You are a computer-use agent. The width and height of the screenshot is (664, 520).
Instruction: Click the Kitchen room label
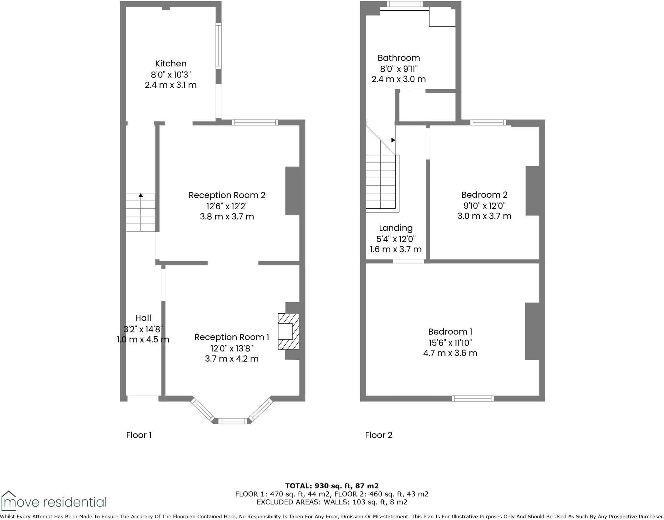(171, 64)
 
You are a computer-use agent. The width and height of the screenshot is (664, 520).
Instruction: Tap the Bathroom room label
(398, 58)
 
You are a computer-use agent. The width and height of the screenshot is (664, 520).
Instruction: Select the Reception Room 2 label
(227, 195)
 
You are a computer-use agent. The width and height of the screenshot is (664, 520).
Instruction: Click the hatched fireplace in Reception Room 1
(289, 331)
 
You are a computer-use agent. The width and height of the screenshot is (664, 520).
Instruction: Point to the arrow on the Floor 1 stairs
(141, 195)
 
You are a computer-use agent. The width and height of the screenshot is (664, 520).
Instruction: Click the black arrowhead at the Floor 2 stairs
(393, 140)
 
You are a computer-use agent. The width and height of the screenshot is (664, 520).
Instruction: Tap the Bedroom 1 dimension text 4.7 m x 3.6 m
(450, 353)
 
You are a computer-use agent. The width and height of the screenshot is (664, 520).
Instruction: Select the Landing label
(396, 228)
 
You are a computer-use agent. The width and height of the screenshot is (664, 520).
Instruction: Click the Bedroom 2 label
(484, 195)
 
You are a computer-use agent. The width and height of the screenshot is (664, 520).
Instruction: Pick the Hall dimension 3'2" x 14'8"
(143, 329)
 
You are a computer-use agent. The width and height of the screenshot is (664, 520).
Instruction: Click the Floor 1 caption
(139, 435)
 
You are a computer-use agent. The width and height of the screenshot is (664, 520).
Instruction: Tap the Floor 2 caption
(378, 435)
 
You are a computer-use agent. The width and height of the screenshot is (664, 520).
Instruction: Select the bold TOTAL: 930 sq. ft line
(332, 486)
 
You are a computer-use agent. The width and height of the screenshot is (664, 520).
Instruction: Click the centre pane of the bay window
(232, 421)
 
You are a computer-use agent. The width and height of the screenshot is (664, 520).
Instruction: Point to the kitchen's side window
(219, 46)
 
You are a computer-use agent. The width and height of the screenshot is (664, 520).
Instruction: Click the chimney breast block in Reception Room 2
(292, 191)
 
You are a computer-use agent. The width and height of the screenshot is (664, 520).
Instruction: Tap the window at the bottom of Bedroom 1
(473, 399)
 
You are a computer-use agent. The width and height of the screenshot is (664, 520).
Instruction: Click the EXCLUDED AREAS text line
(332, 502)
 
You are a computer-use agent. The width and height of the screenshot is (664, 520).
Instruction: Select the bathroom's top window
(405, 4)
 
